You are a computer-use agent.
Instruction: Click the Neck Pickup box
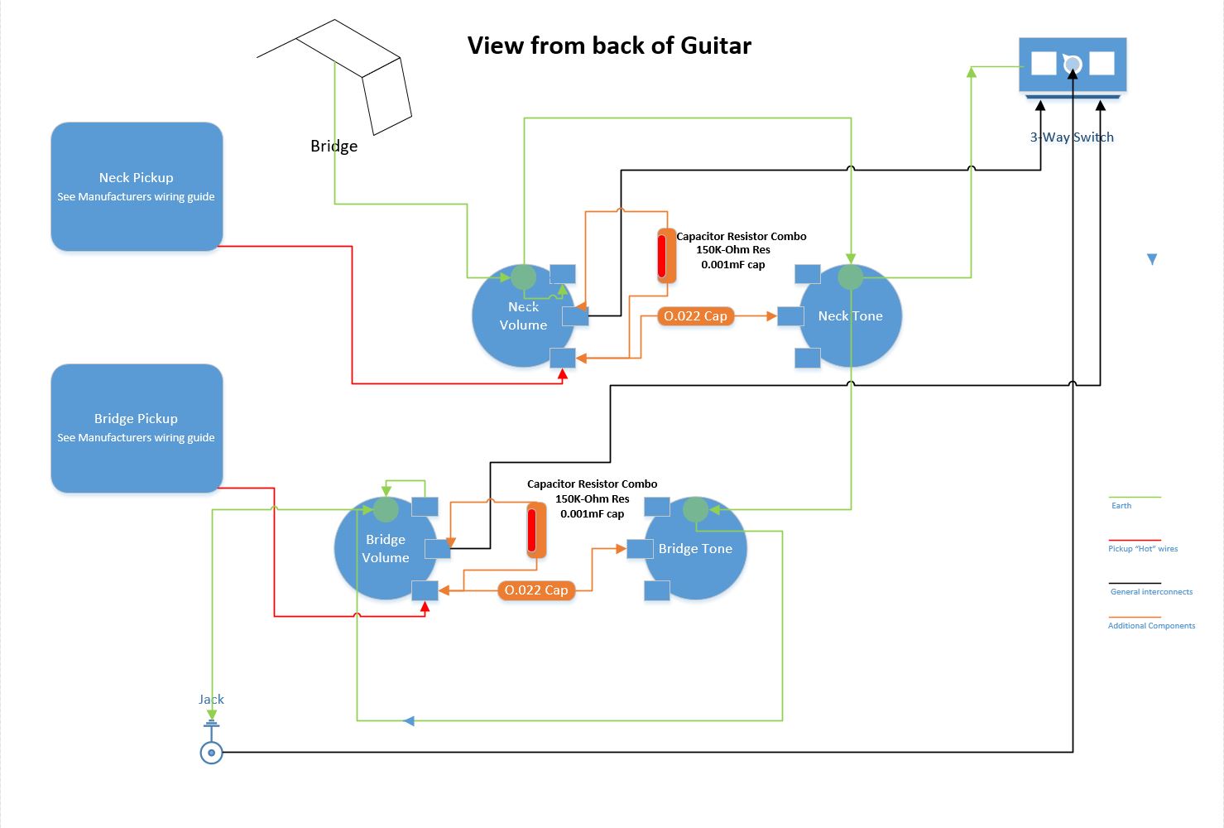pyautogui.click(x=137, y=186)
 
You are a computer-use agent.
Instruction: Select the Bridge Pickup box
pyautogui.click(x=137, y=428)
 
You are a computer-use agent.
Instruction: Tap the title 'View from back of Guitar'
pyautogui.click(x=609, y=46)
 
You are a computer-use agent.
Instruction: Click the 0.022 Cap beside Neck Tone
pyautogui.click(x=695, y=316)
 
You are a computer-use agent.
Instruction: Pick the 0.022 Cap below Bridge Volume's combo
pyautogui.click(x=536, y=590)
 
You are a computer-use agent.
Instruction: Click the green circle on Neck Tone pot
pyautogui.click(x=851, y=277)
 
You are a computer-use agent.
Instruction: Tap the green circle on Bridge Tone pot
pyautogui.click(x=696, y=510)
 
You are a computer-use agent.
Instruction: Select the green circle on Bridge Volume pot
pyautogui.click(x=386, y=509)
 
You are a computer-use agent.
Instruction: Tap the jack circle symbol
pyautogui.click(x=212, y=753)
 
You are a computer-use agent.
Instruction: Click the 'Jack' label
pyautogui.click(x=211, y=700)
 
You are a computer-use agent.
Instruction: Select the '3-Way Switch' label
pyautogui.click(x=1072, y=137)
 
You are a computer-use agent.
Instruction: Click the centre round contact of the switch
pyautogui.click(x=1073, y=64)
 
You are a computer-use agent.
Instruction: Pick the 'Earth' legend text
pyautogui.click(x=1121, y=506)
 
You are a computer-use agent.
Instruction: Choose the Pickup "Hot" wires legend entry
pyautogui.click(x=1143, y=549)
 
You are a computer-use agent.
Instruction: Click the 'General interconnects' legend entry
pyautogui.click(x=1151, y=592)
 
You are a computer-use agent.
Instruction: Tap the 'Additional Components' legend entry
pyautogui.click(x=1151, y=626)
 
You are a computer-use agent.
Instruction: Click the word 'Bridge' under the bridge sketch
pyautogui.click(x=334, y=147)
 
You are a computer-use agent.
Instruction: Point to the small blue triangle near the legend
pyautogui.click(x=1152, y=260)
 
